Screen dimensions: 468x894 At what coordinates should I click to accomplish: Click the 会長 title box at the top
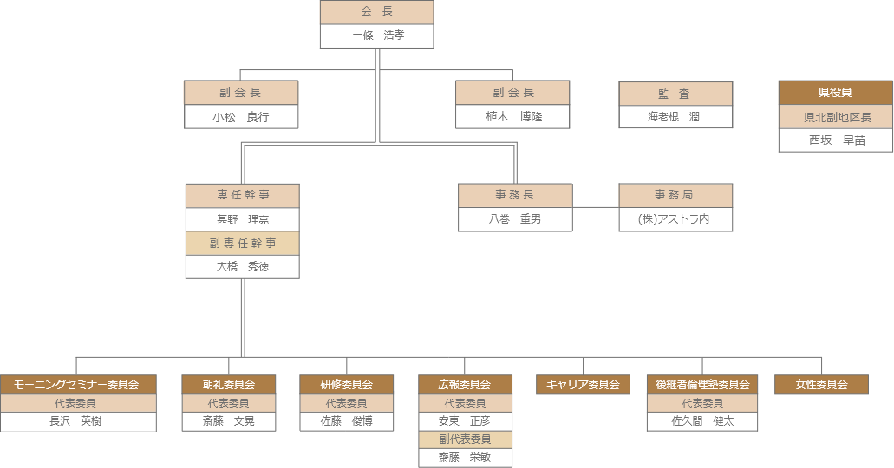pyautogui.click(x=376, y=12)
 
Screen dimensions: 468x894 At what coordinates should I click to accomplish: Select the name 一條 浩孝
pyautogui.click(x=376, y=36)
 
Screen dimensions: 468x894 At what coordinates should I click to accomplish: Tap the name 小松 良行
pyautogui.click(x=241, y=117)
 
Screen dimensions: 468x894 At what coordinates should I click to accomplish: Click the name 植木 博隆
pyautogui.click(x=512, y=117)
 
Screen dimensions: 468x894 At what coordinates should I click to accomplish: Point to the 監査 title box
pyautogui.click(x=675, y=94)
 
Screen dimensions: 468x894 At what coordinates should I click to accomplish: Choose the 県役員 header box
pyautogui.click(x=835, y=93)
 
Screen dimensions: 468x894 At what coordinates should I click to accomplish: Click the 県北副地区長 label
pyautogui.click(x=835, y=117)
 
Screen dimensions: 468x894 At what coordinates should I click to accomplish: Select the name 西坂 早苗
pyautogui.click(x=835, y=140)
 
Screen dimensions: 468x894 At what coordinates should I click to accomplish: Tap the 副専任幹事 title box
pyautogui.click(x=242, y=243)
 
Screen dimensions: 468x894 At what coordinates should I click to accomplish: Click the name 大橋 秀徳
pyautogui.click(x=242, y=266)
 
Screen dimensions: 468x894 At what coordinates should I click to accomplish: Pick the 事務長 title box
pyautogui.click(x=515, y=195)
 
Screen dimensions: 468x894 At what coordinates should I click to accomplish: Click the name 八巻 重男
pyautogui.click(x=515, y=219)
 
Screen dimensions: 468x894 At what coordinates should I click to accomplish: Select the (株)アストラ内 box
pyautogui.click(x=675, y=219)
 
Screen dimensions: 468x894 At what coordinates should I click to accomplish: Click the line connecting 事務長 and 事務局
pyautogui.click(x=595, y=207)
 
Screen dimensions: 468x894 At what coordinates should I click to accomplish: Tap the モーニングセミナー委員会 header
pyautogui.click(x=78, y=385)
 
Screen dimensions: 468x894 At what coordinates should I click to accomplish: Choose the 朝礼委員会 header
pyautogui.click(x=229, y=385)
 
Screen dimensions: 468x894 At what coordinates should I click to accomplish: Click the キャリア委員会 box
pyautogui.click(x=583, y=385)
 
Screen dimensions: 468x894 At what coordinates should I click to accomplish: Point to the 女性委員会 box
pyautogui.click(x=821, y=385)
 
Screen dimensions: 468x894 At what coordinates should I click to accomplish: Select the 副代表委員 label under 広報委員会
pyautogui.click(x=465, y=439)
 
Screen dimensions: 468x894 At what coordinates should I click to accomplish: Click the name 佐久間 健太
pyautogui.click(x=702, y=421)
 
